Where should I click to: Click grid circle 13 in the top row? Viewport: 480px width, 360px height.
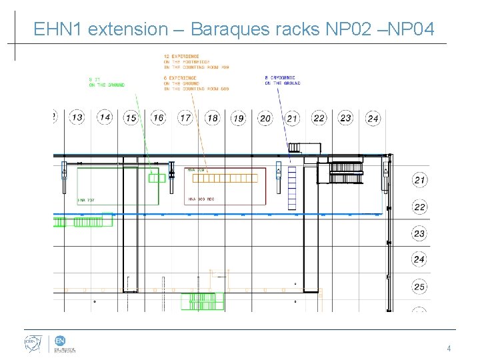click(77, 117)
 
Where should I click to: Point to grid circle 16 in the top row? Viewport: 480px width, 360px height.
click(157, 117)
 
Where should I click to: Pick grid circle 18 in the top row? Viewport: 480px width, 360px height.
click(212, 118)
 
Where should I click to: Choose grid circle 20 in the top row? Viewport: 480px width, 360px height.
click(265, 118)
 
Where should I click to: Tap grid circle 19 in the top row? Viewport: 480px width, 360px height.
click(238, 118)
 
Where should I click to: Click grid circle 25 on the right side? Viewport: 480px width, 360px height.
click(419, 287)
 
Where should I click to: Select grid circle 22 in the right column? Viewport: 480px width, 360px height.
click(419, 207)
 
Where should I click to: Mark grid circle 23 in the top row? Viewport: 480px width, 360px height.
click(345, 117)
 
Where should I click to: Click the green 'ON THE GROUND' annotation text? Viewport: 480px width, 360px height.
click(107, 85)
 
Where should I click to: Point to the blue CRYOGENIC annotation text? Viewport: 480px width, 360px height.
click(282, 78)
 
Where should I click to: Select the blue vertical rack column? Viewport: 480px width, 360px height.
click(291, 189)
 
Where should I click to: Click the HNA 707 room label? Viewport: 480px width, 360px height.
click(86, 199)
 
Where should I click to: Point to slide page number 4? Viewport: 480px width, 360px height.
click(449, 348)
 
